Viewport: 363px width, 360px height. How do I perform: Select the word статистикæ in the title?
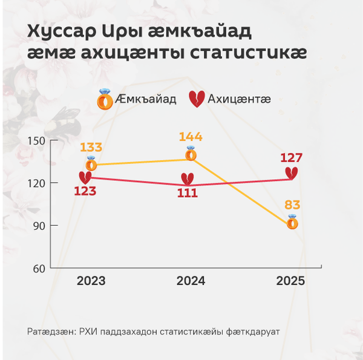pos(249,53)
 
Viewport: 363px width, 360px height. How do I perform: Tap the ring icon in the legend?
pos(105,99)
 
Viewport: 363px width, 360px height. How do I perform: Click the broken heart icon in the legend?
pos(197,99)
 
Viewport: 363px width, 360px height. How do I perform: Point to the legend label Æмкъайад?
pos(146,99)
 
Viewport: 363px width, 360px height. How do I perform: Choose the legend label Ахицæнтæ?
pos(239,99)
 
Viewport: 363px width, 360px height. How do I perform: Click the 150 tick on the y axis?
pos(36,141)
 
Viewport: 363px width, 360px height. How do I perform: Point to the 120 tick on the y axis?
pos(36,183)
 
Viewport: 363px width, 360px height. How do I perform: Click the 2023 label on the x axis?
pos(91,281)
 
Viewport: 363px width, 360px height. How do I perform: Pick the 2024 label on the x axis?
pos(191,281)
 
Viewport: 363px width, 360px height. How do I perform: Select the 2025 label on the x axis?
pos(290,281)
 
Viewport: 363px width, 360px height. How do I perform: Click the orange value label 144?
pos(191,137)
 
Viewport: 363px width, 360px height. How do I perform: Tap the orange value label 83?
pos(292,205)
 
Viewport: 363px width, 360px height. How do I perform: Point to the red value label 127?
pos(291,158)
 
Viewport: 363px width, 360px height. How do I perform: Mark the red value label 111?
pos(188,193)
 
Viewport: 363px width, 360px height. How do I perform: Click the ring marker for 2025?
pos(292,222)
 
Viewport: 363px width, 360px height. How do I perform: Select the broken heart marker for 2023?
pos(85,178)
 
